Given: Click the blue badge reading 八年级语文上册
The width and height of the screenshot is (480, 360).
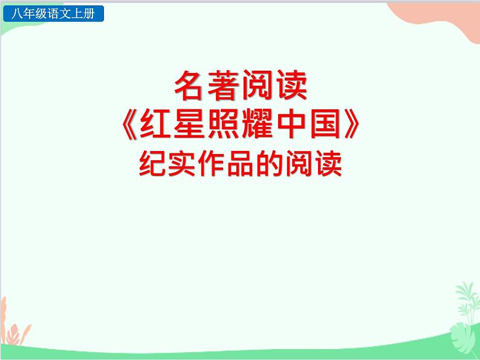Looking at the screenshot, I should (54, 14).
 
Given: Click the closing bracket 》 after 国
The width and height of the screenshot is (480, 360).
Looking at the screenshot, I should (356, 126).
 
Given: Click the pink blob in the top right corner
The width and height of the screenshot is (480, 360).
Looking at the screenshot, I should (444, 18).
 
